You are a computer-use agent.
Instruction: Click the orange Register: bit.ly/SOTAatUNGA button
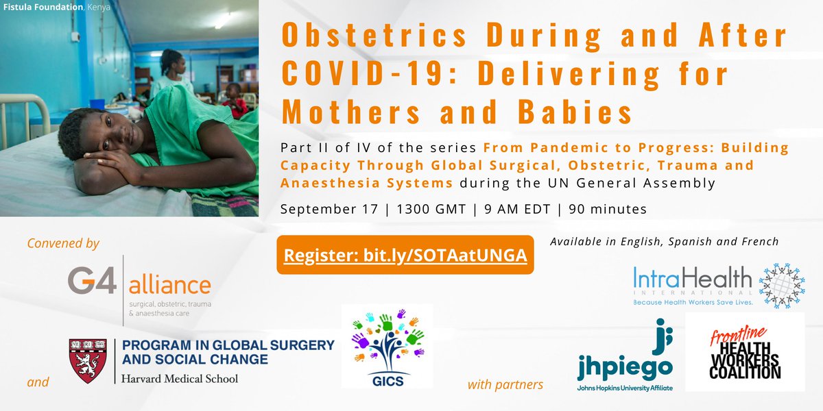405,255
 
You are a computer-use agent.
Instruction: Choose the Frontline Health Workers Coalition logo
744,353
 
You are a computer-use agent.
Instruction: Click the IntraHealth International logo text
693,280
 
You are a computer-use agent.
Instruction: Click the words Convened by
63,243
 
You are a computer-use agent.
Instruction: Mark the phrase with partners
505,384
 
